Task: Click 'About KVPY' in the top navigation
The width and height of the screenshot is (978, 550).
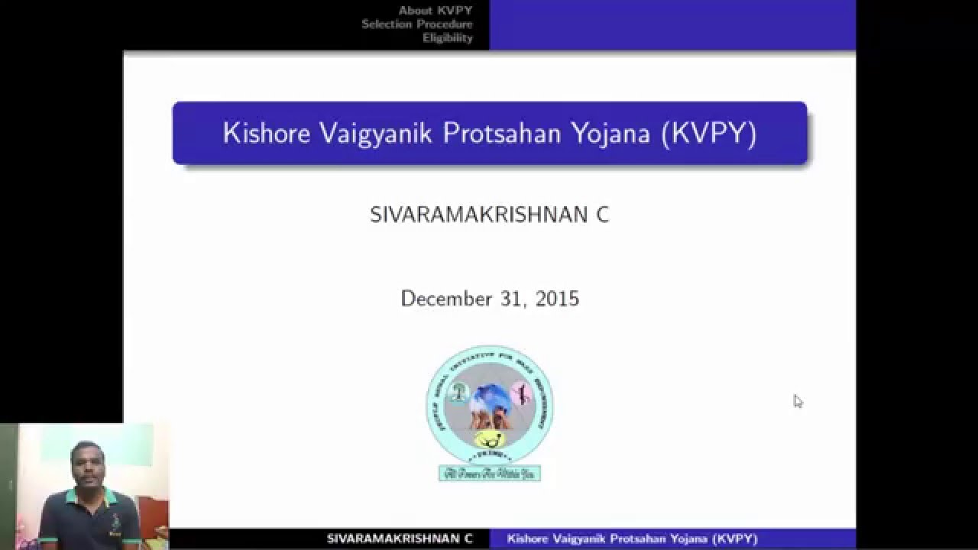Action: [x=436, y=11]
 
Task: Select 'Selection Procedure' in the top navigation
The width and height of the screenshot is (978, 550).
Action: [x=417, y=24]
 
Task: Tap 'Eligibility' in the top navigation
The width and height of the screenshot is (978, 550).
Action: [x=448, y=38]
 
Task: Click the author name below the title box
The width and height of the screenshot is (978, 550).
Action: [x=489, y=215]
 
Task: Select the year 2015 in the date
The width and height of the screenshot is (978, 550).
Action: [x=558, y=298]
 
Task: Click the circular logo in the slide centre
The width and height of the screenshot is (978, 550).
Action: [x=490, y=405]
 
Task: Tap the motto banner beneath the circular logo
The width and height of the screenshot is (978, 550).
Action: [x=490, y=474]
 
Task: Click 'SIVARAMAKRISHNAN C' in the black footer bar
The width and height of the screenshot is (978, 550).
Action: [x=400, y=539]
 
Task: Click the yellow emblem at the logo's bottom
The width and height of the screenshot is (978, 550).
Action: [x=490, y=438]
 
